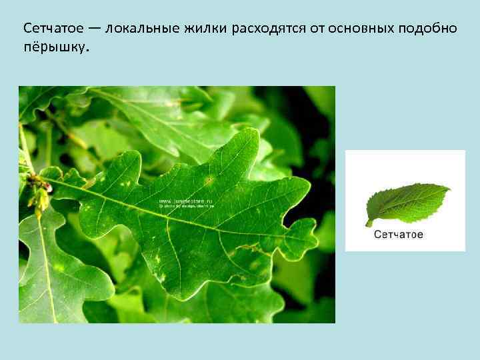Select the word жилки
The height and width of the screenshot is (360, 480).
click(x=208, y=29)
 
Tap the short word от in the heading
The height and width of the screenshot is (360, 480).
click(x=321, y=29)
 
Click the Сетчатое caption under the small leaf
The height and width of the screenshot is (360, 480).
click(x=399, y=235)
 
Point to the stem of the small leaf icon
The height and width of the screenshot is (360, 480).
click(x=369, y=222)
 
